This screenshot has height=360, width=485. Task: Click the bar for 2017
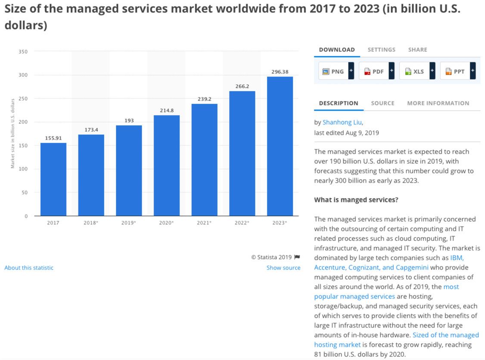(x=53, y=179)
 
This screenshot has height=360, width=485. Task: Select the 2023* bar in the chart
(x=280, y=146)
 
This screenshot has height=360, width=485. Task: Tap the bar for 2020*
(x=167, y=165)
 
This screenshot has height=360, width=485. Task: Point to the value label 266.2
(x=242, y=86)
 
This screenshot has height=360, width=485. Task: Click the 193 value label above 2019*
(x=129, y=121)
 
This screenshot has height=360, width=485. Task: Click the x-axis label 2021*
(x=204, y=223)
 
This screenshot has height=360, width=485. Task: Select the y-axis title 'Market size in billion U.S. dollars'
(x=13, y=133)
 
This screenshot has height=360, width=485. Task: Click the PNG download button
(x=336, y=71)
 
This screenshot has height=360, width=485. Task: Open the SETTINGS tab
(x=381, y=50)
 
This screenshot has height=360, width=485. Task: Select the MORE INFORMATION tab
(x=438, y=103)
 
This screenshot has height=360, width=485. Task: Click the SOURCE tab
(x=382, y=103)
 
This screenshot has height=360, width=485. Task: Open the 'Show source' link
(x=283, y=268)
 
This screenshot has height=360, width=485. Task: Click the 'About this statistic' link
(x=29, y=268)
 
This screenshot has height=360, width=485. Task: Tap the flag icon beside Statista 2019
(x=297, y=257)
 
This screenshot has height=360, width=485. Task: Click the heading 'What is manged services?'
(x=356, y=200)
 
